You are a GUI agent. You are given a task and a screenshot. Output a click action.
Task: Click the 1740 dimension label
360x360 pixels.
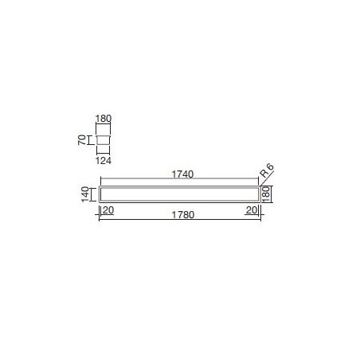tap(182, 174)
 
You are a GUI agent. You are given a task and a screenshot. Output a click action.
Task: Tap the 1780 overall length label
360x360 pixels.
tap(183, 215)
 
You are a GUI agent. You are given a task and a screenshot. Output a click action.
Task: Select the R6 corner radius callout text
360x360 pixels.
tap(267, 170)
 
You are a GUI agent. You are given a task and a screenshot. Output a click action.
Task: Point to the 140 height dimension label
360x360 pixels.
tap(85, 194)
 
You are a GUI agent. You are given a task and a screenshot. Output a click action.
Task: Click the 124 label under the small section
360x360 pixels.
tap(104, 161)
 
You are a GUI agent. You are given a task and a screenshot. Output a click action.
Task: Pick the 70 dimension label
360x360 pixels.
tap(82, 140)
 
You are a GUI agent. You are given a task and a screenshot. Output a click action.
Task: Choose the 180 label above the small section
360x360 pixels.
tap(104, 119)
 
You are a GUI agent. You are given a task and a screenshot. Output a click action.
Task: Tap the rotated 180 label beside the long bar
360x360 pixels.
tap(266, 194)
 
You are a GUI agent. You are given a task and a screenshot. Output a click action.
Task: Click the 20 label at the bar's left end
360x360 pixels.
tap(108, 210)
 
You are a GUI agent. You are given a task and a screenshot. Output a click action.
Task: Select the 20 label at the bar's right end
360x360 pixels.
tap(252, 210)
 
